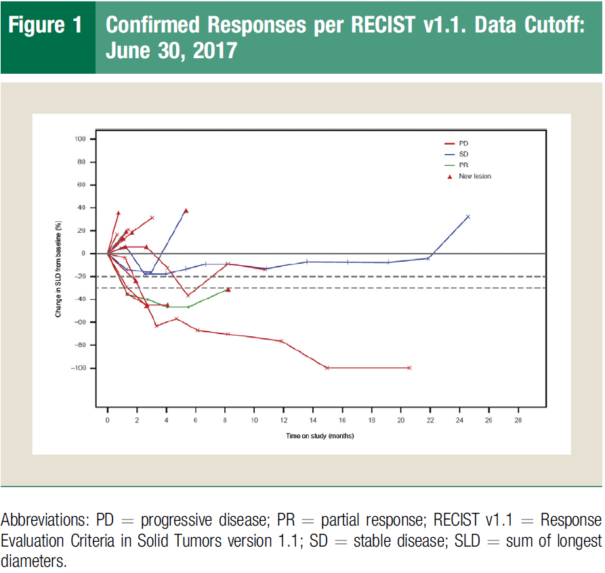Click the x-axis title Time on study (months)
tap(319, 436)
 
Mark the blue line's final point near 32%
tap(468, 216)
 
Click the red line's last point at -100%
tap(410, 368)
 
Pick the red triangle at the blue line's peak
tap(186, 211)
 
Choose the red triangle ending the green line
tap(228, 290)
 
